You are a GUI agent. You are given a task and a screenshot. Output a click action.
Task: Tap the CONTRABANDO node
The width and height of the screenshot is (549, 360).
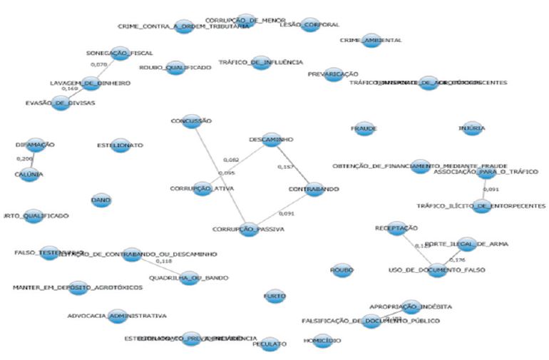pyautogui.click(x=314, y=190)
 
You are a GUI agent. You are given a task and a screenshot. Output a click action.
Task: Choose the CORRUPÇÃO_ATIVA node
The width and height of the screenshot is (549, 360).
pyautogui.click(x=202, y=189)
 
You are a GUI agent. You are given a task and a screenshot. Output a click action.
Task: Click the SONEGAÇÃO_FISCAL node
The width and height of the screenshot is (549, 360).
pyautogui.click(x=119, y=53)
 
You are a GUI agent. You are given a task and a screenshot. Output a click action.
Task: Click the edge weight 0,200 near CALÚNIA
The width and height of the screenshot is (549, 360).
pyautogui.click(x=25, y=159)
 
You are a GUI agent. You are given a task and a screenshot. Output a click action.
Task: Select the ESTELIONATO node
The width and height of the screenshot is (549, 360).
pyautogui.click(x=120, y=145)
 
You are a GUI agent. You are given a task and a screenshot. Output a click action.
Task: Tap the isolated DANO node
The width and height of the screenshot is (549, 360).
pyautogui.click(x=101, y=201)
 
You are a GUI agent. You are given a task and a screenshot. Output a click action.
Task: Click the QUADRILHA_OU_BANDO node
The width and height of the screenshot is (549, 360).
pyautogui.click(x=189, y=278)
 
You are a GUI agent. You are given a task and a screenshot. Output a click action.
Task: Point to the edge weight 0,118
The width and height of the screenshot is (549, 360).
pyautogui.click(x=163, y=262)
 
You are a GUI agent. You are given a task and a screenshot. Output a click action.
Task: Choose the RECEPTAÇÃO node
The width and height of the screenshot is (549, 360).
pyautogui.click(x=396, y=229)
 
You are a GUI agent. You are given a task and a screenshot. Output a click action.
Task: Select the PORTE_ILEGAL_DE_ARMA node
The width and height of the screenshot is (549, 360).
pyautogui.click(x=467, y=245)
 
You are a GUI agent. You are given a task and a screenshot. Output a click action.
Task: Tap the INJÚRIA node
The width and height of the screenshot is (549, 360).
pyautogui.click(x=473, y=128)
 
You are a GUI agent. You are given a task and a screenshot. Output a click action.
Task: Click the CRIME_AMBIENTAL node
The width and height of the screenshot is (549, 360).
pyautogui.click(x=371, y=41)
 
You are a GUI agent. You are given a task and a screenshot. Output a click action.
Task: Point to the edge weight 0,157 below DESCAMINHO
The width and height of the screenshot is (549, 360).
pyautogui.click(x=284, y=168)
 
